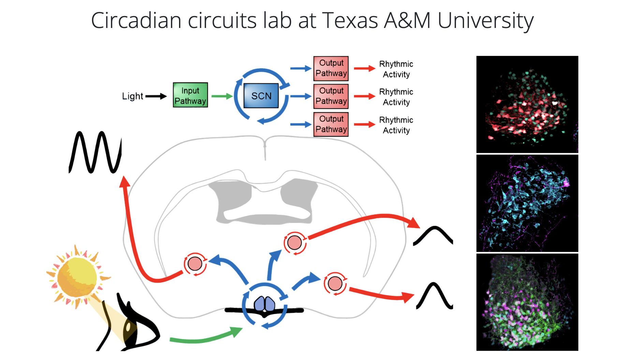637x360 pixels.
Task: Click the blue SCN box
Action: click(261, 96)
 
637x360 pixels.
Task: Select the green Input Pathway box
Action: click(190, 95)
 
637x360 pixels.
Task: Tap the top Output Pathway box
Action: click(331, 68)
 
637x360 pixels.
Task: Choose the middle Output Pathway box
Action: click(331, 96)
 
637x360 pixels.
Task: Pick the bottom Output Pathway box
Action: click(331, 124)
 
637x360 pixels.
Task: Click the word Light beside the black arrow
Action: click(132, 96)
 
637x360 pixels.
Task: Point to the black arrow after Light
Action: click(156, 96)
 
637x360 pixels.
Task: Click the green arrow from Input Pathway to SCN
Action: click(222, 96)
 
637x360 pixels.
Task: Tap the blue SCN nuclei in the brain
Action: click(265, 304)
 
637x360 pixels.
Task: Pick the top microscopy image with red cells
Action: click(527, 104)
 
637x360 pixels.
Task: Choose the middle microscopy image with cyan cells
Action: click(527, 203)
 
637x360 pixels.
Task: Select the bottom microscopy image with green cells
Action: click(527, 302)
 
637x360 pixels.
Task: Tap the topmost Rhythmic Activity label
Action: click(396, 69)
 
